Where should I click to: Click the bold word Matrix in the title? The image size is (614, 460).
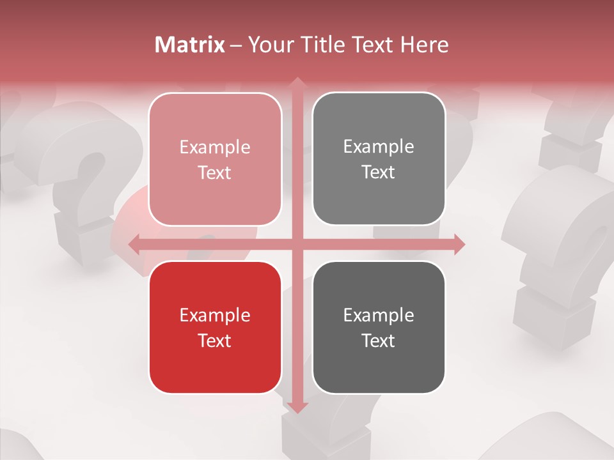pos(190,45)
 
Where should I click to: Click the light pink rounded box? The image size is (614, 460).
pos(215,159)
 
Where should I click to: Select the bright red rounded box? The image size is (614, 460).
pos(215,327)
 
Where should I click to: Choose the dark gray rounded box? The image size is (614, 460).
pos(379,327)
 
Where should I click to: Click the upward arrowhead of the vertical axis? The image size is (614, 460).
pos(297,82)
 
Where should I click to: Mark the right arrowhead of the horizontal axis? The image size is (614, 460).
pos(459,244)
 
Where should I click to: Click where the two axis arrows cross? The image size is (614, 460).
pos(297,244)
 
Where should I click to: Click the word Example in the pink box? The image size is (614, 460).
pos(215,148)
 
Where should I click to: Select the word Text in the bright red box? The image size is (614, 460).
pos(215,341)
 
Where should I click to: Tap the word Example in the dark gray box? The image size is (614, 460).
pos(379,315)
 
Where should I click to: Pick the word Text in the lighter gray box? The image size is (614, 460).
pos(379,172)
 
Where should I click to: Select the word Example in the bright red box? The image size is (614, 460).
pos(215,315)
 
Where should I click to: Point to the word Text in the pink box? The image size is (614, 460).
pos(215,172)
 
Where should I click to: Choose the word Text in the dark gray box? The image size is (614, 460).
pos(379,341)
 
